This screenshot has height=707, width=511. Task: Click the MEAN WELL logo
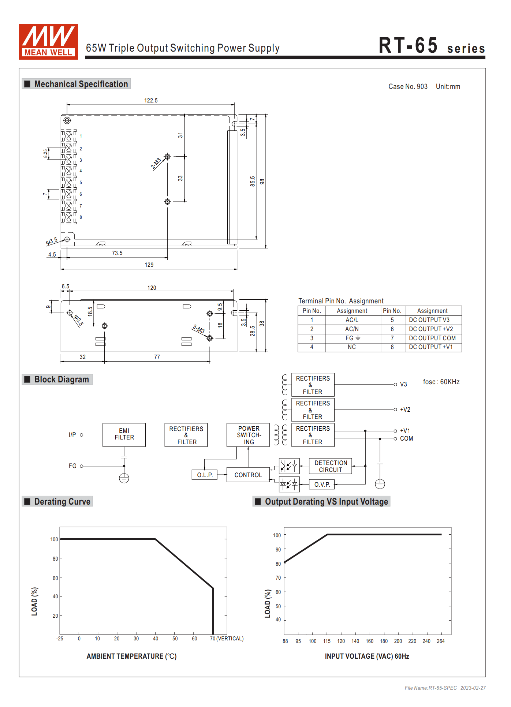pos(48,42)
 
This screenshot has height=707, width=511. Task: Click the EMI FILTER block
pos(124,434)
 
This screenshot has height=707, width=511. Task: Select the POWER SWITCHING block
pos(248,435)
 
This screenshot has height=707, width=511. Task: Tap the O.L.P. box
pos(205,475)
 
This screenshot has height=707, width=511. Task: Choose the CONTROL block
pos(248,475)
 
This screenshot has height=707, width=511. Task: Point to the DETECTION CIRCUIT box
pos(330,466)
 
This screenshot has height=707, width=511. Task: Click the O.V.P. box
pos(322,485)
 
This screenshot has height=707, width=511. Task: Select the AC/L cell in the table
pos(352,320)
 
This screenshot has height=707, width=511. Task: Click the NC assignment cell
pos(352,347)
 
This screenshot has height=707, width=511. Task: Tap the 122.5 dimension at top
pos(151,101)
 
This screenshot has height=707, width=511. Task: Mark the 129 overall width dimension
pos(149,265)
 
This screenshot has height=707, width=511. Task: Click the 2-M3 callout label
pos(156,163)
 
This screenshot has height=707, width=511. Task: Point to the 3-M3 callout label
pos(198,328)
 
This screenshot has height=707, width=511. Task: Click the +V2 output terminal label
pos(405,409)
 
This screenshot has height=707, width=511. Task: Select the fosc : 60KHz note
pos(441,382)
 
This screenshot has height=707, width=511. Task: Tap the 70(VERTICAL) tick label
pos(227,639)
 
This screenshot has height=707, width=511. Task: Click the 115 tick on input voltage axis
pos(327,641)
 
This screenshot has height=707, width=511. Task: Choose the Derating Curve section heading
pos(62,501)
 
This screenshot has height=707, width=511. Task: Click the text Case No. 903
pos(408,86)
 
